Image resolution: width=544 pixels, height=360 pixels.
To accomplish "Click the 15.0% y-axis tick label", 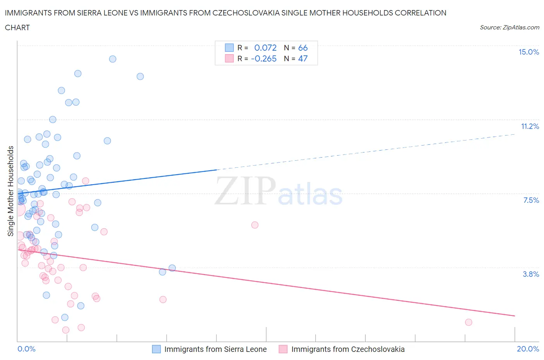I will tap(529, 52).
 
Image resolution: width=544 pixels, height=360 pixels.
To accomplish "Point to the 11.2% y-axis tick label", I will tap(530, 126).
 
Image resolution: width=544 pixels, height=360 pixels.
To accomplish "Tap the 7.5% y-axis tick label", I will tap(531, 200).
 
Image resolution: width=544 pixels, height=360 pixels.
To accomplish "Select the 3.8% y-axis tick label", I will tap(531, 274).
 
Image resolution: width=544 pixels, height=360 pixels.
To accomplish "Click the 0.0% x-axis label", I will tap(26, 349).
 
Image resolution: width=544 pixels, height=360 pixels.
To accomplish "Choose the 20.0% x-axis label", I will tap(528, 349).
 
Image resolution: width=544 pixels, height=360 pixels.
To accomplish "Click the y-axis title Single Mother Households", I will tap(11, 191).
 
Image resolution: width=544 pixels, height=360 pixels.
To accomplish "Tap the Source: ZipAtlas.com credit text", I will tap(509, 27).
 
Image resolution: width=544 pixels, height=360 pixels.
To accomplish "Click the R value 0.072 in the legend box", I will tap(265, 48).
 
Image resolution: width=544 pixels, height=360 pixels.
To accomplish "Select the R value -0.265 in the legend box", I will tap(263, 58).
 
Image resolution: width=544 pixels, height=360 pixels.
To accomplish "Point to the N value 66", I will tap(303, 48).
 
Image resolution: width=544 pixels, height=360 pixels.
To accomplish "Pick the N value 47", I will tap(303, 58).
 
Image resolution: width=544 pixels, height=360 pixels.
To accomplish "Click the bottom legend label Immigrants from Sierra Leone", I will tap(215, 349).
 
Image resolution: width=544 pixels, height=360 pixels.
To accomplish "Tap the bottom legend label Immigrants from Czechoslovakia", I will tap(347, 349).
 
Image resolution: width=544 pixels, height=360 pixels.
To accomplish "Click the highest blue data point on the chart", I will tap(113, 59).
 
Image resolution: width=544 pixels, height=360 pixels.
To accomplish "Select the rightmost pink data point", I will tap(468, 322).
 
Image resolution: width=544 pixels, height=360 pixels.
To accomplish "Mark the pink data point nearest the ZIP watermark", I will tap(255, 225).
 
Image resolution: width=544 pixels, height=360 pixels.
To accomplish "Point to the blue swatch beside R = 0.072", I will tap(229, 48).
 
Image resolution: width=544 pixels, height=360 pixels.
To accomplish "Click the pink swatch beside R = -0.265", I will tap(229, 58).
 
